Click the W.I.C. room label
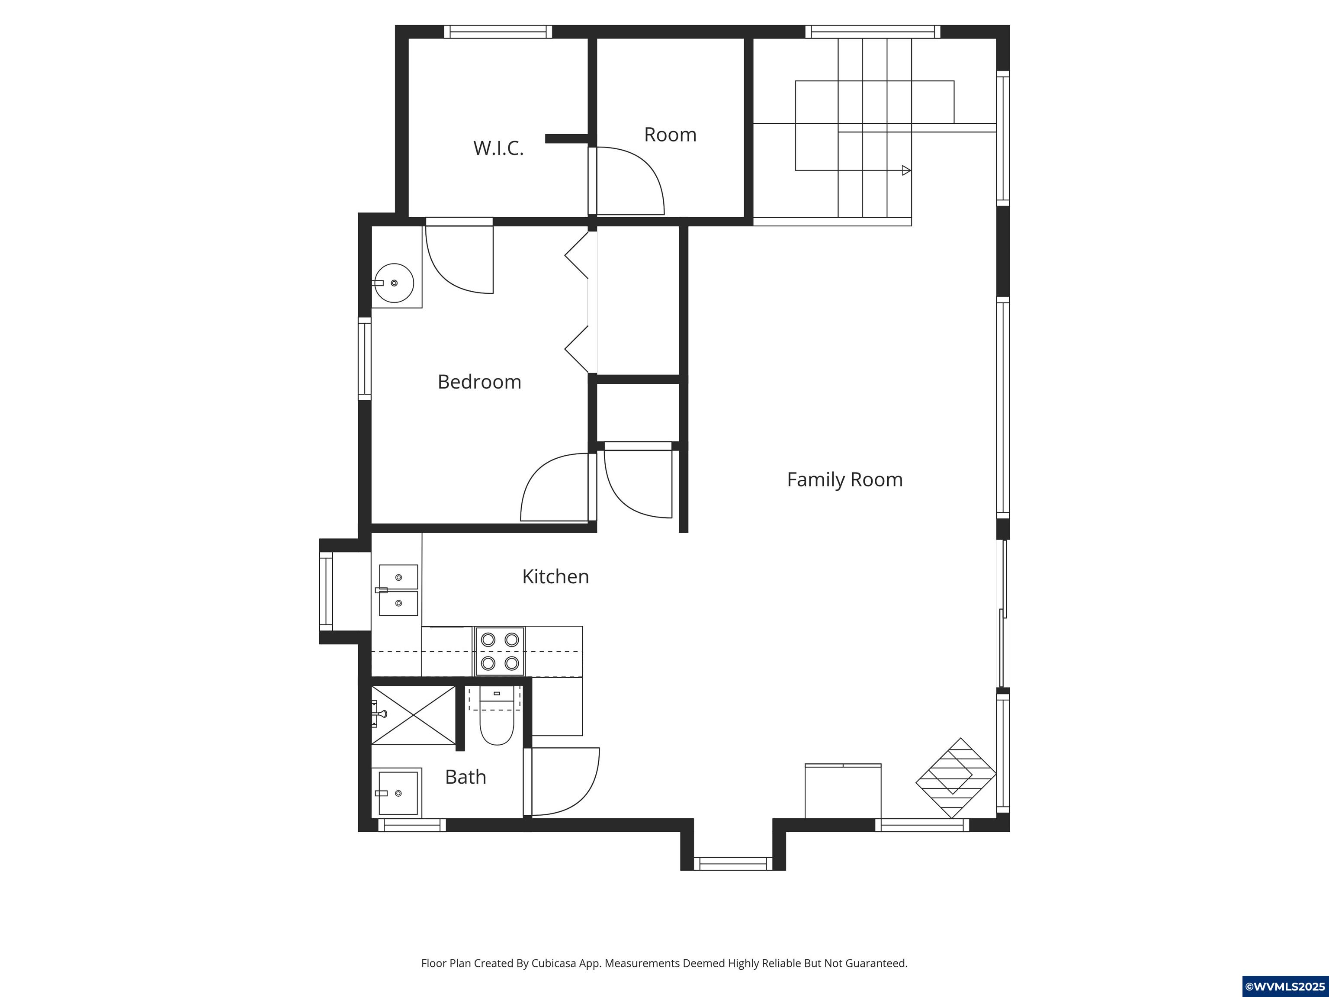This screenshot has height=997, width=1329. (x=498, y=148)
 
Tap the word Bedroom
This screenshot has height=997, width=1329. (x=479, y=382)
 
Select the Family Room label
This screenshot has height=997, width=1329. (x=844, y=479)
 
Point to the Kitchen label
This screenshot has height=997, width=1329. (x=555, y=577)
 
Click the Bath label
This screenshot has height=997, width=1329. (x=465, y=777)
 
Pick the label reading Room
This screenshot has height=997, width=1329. (x=670, y=135)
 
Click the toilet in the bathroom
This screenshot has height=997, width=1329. (x=496, y=721)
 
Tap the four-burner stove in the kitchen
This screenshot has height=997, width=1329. (x=499, y=651)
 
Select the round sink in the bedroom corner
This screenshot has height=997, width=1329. (x=394, y=283)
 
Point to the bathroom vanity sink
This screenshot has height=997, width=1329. (x=398, y=793)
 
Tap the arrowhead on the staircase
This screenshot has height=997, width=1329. (x=906, y=170)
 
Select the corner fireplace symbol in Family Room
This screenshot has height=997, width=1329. (x=955, y=778)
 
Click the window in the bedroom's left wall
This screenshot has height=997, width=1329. (x=364, y=358)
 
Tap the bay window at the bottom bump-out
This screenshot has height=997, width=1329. (x=733, y=864)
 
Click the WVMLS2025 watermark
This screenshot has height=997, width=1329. (x=1284, y=987)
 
